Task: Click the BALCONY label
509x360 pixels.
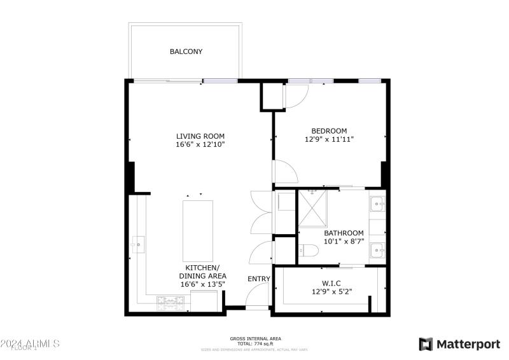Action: [x=186, y=52]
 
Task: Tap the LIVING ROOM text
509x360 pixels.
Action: [x=200, y=136]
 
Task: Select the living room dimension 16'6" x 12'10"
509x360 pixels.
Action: [x=200, y=145]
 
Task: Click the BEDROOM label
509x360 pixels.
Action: [x=329, y=131]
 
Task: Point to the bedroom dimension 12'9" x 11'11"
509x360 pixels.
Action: [x=329, y=139]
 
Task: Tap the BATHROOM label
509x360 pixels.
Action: [x=344, y=233]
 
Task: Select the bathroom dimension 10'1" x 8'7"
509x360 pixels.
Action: [x=344, y=242]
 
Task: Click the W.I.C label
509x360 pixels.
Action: [x=331, y=284]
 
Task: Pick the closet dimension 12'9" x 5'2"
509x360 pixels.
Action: [x=331, y=293]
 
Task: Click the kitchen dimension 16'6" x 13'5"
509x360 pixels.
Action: [x=202, y=284]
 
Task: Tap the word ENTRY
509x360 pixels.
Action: [x=259, y=279]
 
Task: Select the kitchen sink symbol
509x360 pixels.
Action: [x=138, y=244]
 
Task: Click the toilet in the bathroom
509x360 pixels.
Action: [x=309, y=251]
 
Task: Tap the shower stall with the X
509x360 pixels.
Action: [x=312, y=208]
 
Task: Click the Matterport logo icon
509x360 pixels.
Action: [x=426, y=344]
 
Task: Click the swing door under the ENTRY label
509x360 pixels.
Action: [x=258, y=296]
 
